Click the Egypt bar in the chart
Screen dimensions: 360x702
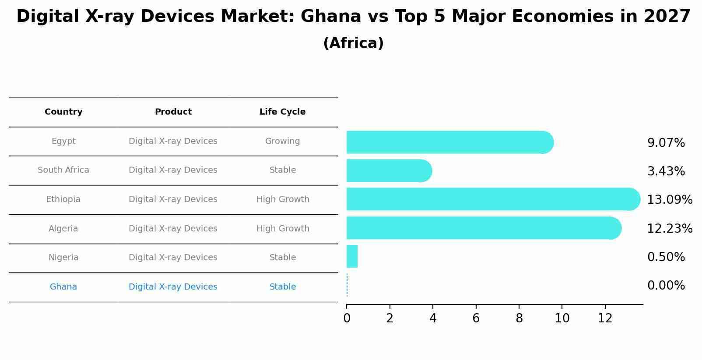pyautogui.click(x=446, y=142)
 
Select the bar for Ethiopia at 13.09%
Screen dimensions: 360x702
pyautogui.click(x=490, y=199)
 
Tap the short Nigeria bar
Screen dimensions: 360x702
pyautogui.click(x=352, y=256)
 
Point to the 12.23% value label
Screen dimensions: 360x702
pyautogui.click(x=669, y=228)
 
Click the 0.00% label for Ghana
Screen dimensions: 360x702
pyautogui.click(x=666, y=286)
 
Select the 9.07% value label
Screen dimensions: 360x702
pyautogui.click(x=666, y=143)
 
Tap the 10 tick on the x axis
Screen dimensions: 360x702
pyautogui.click(x=562, y=318)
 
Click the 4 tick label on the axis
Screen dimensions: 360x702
pyautogui.click(x=433, y=318)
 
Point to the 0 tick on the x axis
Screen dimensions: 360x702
pyautogui.click(x=347, y=318)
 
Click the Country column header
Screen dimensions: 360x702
pyautogui.click(x=63, y=112)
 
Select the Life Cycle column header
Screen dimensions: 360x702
pyautogui.click(x=282, y=112)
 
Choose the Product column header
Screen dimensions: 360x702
pyautogui.click(x=173, y=112)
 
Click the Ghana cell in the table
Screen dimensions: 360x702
pyautogui.click(x=63, y=287)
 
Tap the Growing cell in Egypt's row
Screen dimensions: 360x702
pyautogui.click(x=282, y=141)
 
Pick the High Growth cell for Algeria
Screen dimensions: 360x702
pyautogui.click(x=282, y=229)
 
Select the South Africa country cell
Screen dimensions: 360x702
pyautogui.click(x=63, y=170)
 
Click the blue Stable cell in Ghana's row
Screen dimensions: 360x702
pyautogui.click(x=282, y=287)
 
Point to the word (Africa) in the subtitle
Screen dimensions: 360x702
pyautogui.click(x=353, y=43)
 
